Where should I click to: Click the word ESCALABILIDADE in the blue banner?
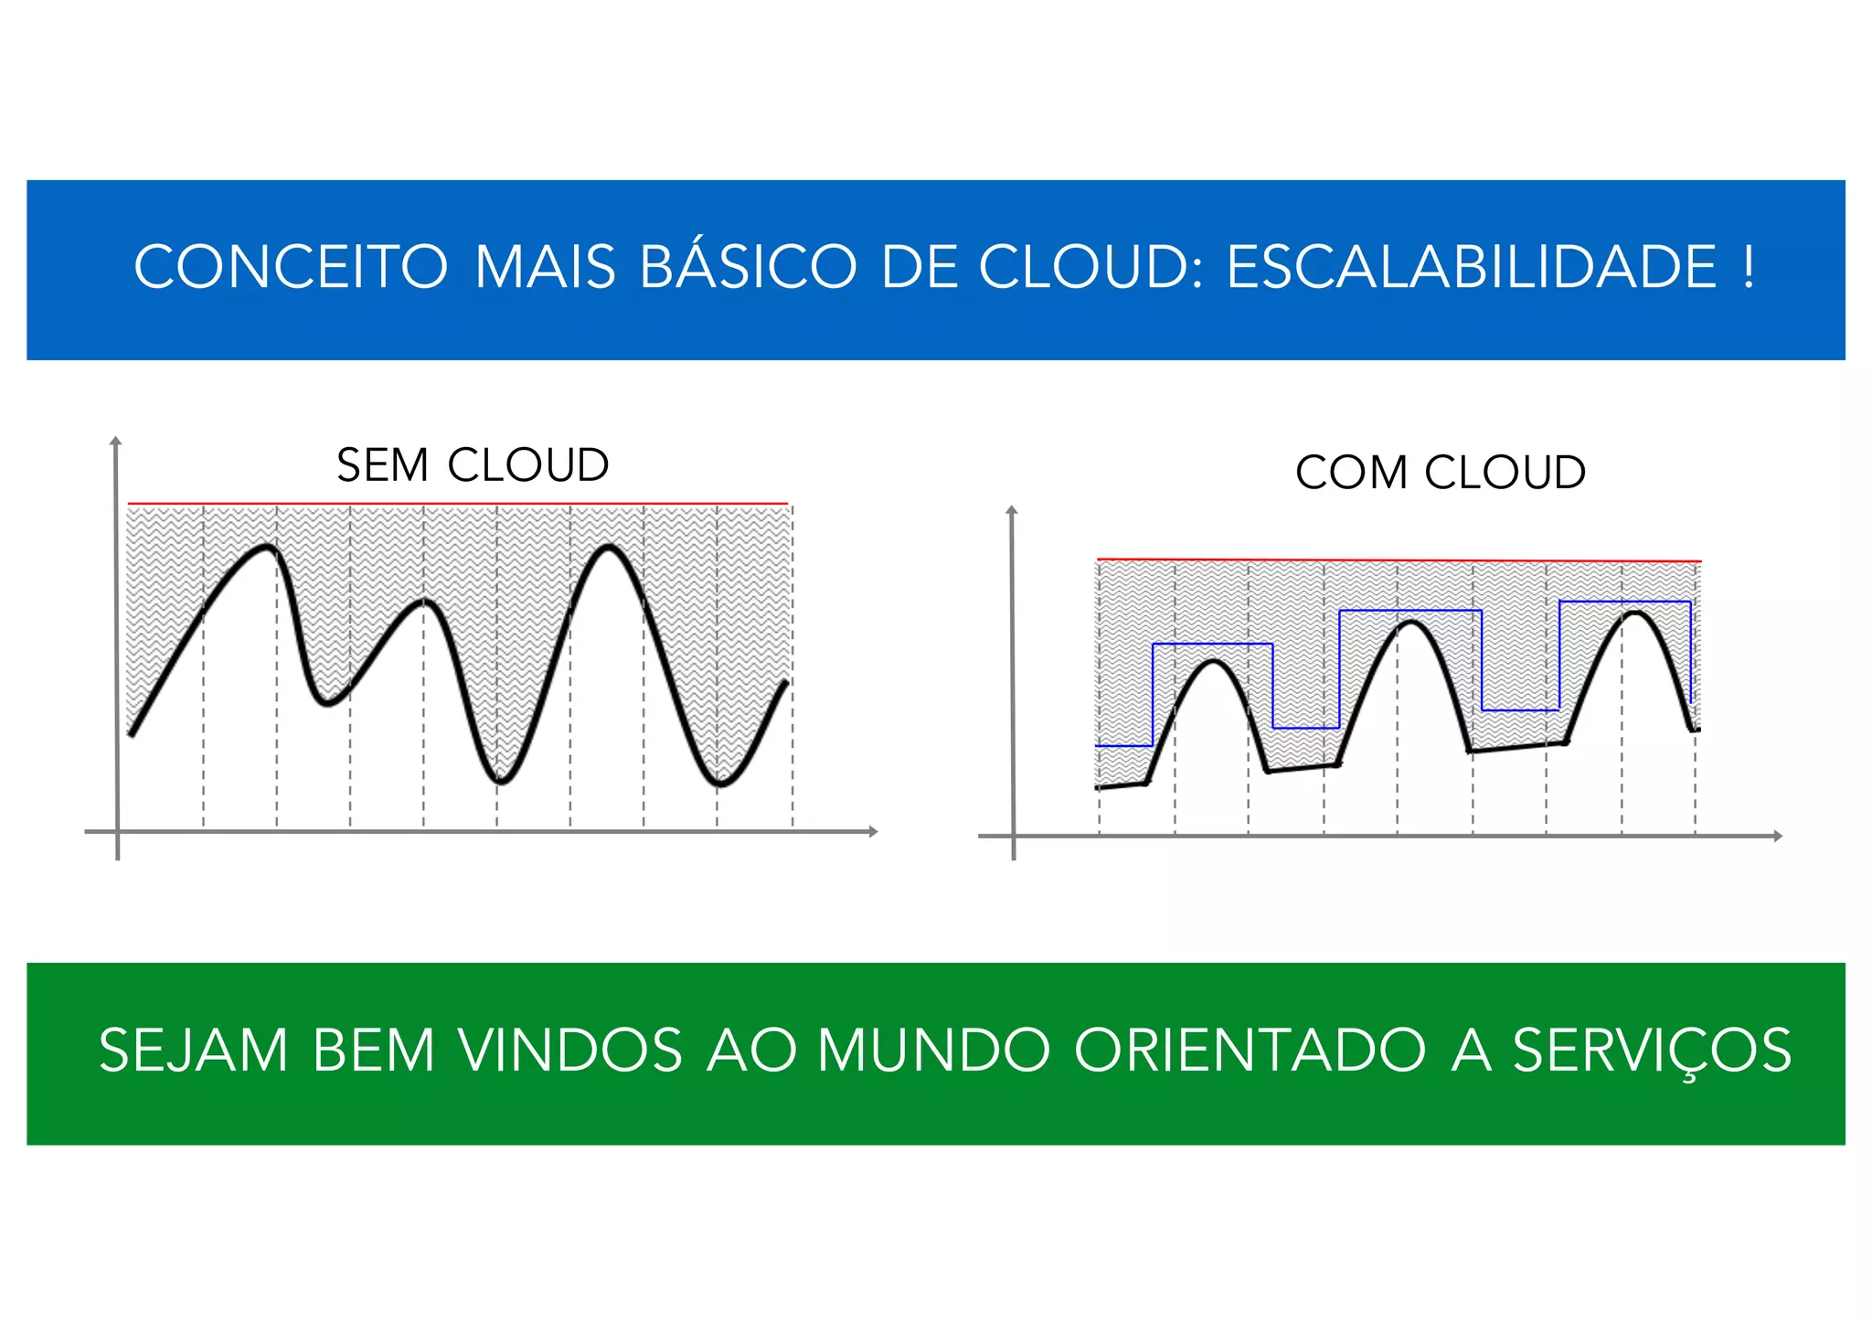[1472, 268]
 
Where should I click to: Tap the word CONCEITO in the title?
[291, 268]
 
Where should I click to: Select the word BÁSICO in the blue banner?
[748, 268]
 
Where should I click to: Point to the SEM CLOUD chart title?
[473, 465]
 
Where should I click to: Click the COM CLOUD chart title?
[1440, 473]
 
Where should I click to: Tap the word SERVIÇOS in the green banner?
[1652, 1051]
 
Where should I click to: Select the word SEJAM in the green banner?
[194, 1051]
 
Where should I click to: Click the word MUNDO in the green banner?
[933, 1051]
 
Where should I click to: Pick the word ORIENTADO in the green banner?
[1250, 1051]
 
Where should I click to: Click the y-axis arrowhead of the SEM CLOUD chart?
[115, 442]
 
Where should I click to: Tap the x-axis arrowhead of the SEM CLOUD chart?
[873, 831]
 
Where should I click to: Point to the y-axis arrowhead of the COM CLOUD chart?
[1011, 510]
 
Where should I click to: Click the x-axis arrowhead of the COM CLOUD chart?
[1778, 836]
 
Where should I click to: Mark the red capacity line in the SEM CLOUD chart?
[457, 503]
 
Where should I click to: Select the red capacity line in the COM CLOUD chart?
[1399, 560]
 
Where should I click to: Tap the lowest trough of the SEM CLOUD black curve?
[720, 784]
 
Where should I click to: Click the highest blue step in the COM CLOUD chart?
[1624, 602]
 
